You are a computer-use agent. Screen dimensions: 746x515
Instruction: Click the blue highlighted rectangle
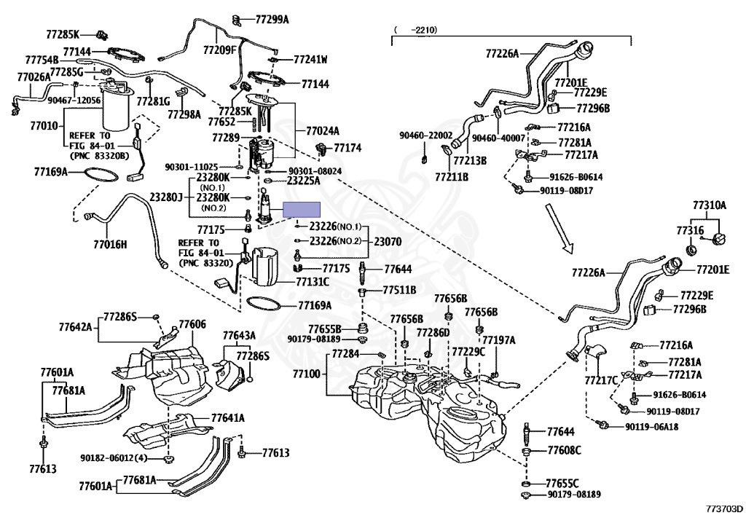[302, 209]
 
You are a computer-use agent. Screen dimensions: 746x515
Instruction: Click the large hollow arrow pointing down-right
[560, 229]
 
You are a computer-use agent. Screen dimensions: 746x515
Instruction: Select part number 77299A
[272, 20]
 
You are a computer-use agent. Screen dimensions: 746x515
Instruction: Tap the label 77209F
[219, 50]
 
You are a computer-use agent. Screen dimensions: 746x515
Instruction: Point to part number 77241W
[310, 60]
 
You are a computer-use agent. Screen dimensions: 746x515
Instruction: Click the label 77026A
[34, 76]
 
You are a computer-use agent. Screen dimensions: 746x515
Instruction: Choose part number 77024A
[323, 130]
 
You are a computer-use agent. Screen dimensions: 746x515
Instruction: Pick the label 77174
[348, 147]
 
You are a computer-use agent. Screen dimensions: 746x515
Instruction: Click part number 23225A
[304, 181]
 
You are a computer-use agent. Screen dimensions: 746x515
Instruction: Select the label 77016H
[111, 245]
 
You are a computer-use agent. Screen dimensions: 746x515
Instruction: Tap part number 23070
[388, 242]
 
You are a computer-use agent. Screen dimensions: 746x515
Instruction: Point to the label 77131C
[313, 282]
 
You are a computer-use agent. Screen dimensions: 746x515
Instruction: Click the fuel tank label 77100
[307, 374]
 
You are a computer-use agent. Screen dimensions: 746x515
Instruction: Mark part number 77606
[192, 324]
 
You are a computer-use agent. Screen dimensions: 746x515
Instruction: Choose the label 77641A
[228, 418]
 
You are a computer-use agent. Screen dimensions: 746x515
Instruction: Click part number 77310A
[710, 205]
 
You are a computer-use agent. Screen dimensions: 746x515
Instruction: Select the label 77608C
[565, 450]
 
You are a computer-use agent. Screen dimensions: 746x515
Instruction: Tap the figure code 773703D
[724, 507]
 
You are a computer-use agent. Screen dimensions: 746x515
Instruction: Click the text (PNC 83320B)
[99, 155]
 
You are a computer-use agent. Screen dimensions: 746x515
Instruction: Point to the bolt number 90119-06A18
[652, 427]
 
